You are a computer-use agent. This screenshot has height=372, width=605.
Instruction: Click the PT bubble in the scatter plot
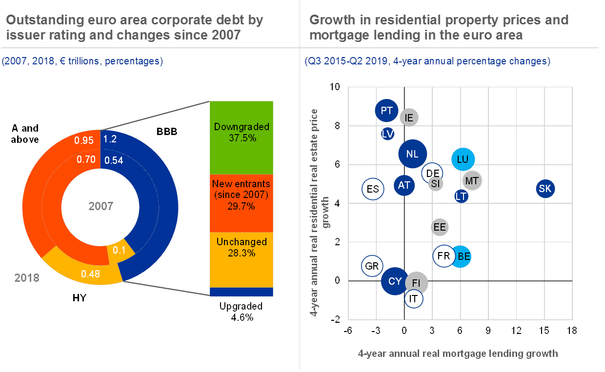tap(387, 111)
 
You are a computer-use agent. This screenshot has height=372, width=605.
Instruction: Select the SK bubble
tap(545, 189)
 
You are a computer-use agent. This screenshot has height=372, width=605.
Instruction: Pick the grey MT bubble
tap(472, 181)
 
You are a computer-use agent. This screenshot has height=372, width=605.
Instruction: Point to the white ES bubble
tap(373, 189)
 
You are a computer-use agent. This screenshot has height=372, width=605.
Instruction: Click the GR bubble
tap(372, 266)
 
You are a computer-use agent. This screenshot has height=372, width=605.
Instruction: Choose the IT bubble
tap(414, 298)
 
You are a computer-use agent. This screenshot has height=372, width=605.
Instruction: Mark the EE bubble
tap(440, 227)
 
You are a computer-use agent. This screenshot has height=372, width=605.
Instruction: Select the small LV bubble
tap(388, 134)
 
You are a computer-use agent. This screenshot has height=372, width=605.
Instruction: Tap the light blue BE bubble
tap(464, 256)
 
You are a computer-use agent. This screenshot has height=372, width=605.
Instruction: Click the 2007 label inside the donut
tap(101, 206)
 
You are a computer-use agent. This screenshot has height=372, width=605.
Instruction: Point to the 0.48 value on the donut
tap(91, 274)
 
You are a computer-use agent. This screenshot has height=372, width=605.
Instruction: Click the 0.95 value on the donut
tap(83, 140)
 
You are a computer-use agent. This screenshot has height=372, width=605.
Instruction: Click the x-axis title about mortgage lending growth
tap(458, 353)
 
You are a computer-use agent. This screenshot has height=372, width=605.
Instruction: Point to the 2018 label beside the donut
tap(26, 278)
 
